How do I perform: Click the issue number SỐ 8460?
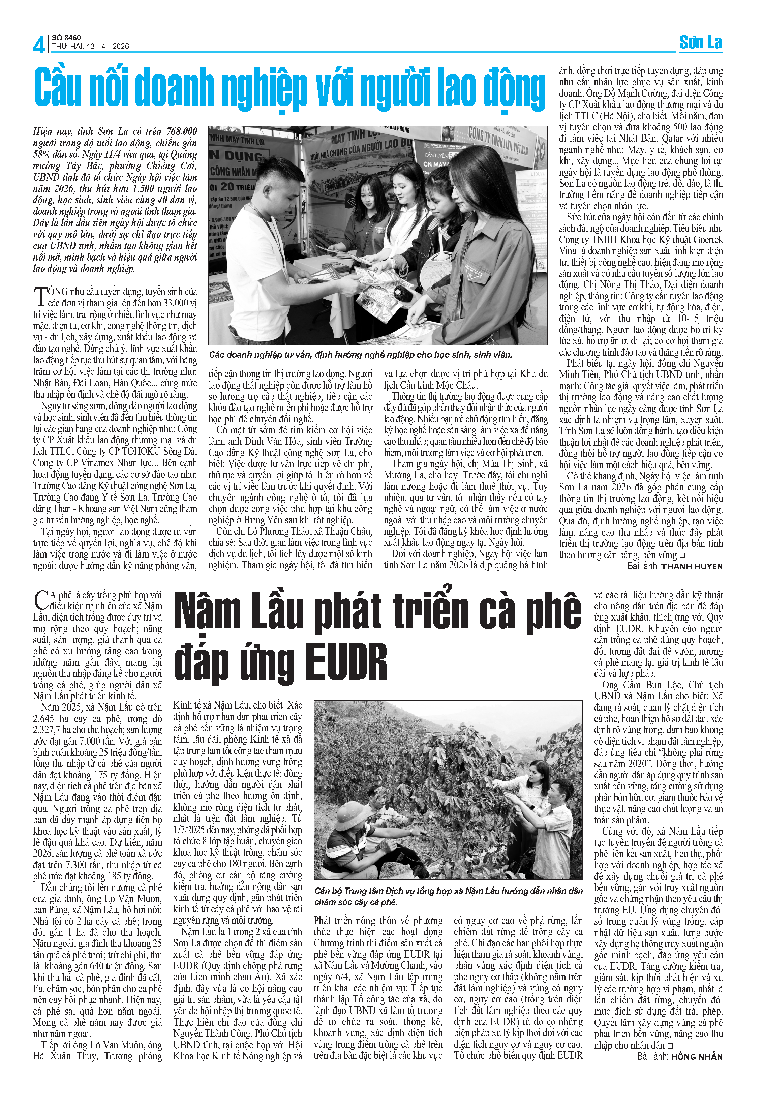66,37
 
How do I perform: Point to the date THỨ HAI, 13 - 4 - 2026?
90,47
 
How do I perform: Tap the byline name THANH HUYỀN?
691,566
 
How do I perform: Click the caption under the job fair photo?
360,355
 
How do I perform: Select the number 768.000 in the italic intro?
182,131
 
